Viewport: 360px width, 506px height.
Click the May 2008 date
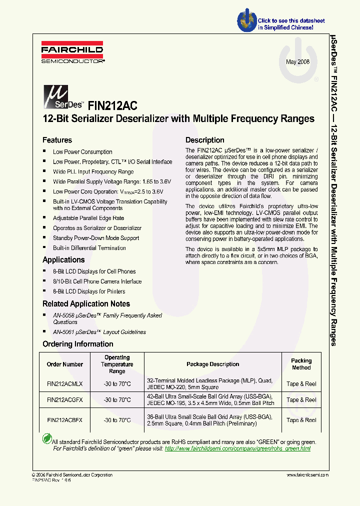click(297, 61)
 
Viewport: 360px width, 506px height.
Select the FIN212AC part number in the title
click(112, 105)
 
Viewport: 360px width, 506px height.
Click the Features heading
click(57, 140)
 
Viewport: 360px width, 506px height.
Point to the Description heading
click(205, 140)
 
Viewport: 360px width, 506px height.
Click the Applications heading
click(63, 260)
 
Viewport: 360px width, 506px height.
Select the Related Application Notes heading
click(86, 304)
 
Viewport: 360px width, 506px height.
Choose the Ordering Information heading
click(77, 344)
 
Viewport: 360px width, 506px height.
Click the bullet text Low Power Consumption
click(82, 152)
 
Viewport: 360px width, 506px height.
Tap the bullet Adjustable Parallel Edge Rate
click(88, 218)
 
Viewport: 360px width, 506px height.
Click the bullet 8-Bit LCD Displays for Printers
click(89, 291)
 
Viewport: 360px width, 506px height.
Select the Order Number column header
click(64, 364)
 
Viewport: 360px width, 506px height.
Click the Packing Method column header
click(301, 364)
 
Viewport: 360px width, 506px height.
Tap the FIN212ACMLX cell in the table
click(64, 384)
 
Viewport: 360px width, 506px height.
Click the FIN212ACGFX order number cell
click(64, 400)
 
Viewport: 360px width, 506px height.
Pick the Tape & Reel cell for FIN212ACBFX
click(301, 420)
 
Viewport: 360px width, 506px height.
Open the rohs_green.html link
click(237, 449)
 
